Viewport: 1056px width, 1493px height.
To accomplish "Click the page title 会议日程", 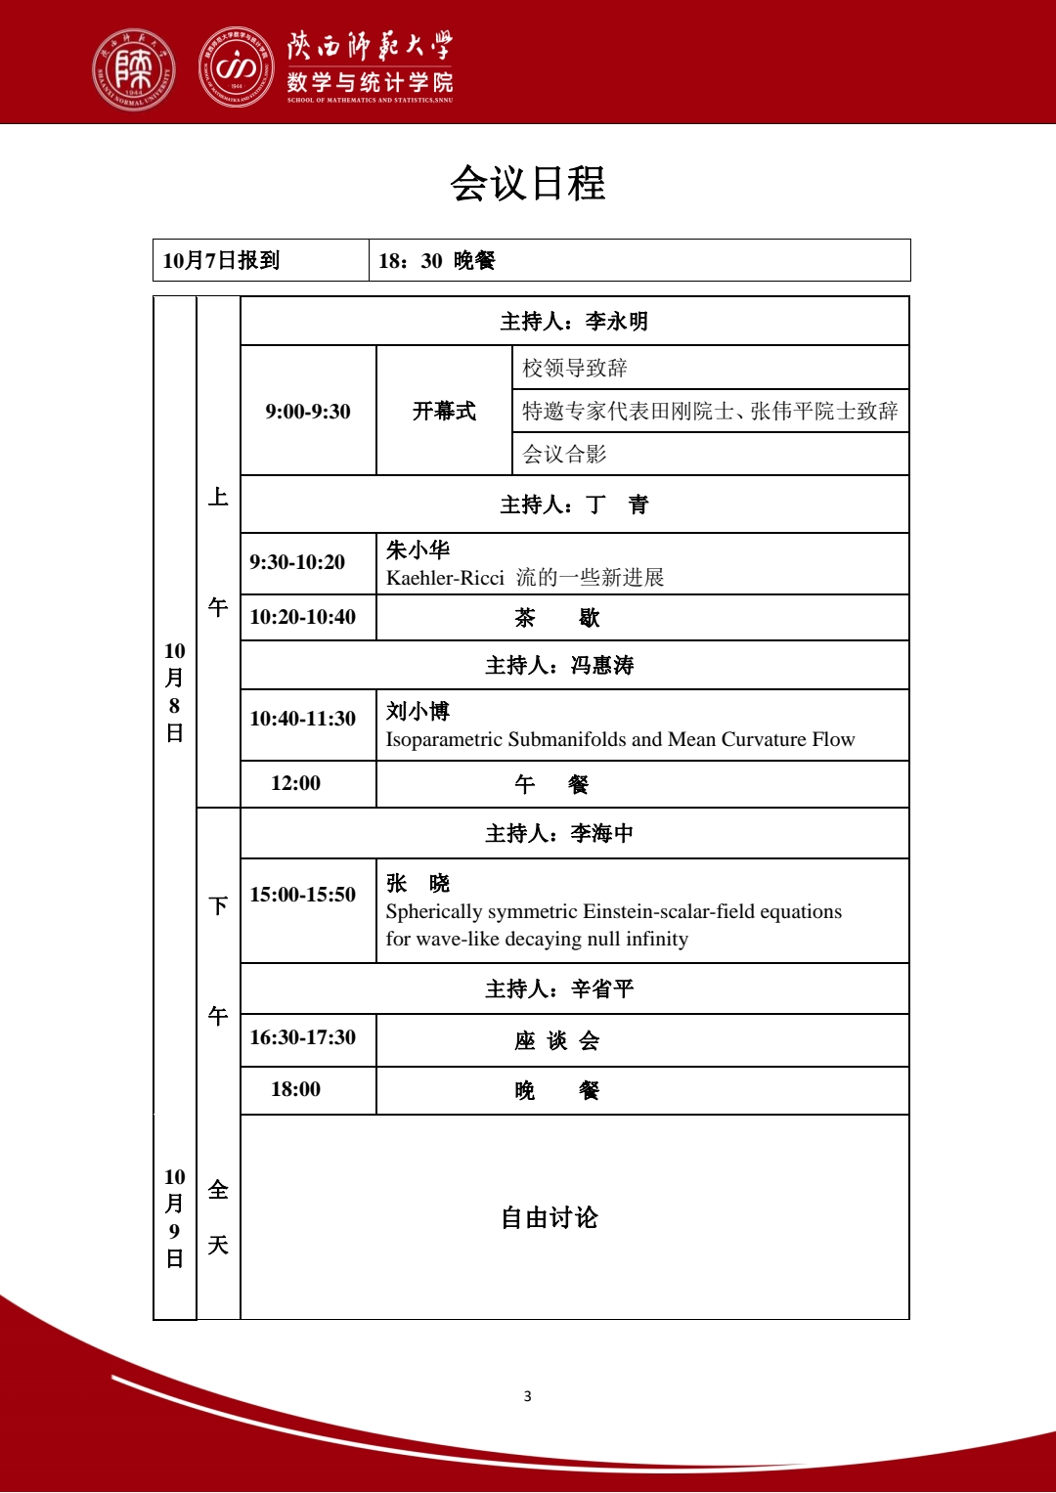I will (x=528, y=184).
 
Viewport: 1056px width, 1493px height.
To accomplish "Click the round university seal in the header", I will (x=134, y=68).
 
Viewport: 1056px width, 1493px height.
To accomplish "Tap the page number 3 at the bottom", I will (x=528, y=1396).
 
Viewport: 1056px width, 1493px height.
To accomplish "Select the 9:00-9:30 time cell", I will (x=308, y=412).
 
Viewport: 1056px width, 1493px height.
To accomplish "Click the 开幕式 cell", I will (x=444, y=412).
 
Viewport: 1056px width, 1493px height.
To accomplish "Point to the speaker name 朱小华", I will (x=418, y=550).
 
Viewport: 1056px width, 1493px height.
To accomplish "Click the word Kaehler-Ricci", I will (x=445, y=578).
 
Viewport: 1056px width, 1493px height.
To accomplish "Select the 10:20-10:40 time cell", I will (x=303, y=617).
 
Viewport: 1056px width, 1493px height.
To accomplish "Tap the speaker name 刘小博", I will (x=418, y=712).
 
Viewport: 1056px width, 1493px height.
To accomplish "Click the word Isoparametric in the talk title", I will (x=444, y=739).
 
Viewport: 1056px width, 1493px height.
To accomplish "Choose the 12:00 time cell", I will (x=296, y=783).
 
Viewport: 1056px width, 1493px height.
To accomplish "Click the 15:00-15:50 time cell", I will (x=303, y=895).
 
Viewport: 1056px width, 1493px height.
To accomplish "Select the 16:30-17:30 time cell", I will (x=303, y=1037).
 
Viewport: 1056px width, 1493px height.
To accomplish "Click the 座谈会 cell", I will (x=557, y=1041).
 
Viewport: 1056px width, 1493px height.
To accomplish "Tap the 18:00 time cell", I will (x=296, y=1089).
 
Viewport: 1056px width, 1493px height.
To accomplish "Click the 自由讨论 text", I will (x=550, y=1218).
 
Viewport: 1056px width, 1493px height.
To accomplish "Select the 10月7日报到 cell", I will (x=222, y=260).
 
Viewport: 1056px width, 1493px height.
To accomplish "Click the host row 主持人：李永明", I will (x=574, y=322).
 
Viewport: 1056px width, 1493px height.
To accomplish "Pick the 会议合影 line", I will (x=565, y=454).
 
